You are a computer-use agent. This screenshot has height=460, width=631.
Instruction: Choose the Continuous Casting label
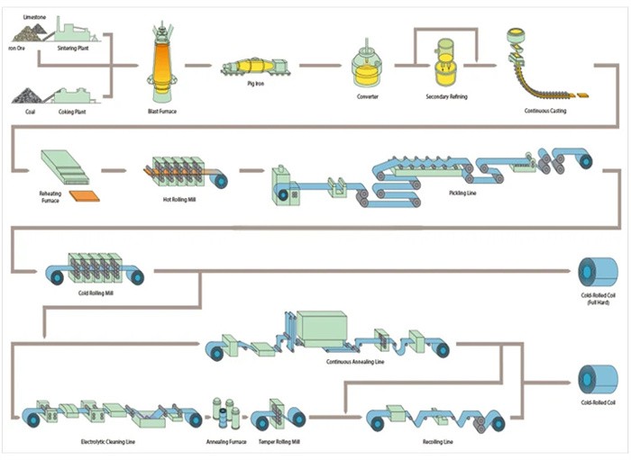547,112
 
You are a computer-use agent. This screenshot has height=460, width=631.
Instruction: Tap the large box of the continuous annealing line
322,327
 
